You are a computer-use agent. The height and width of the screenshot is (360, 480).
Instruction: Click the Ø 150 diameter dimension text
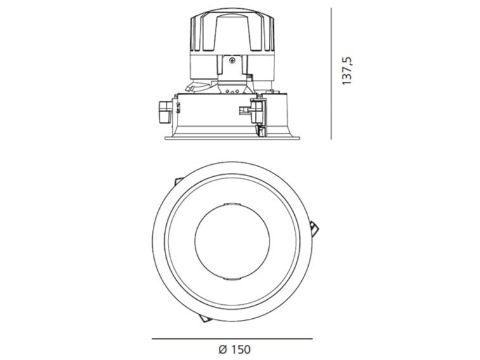pyautogui.click(x=232, y=348)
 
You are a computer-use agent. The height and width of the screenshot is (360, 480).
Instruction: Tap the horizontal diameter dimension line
pyautogui.click(x=232, y=339)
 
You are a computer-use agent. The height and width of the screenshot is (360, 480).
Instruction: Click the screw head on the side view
pyautogui.click(x=232, y=61)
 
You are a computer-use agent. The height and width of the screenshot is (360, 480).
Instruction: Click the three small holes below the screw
pyautogui.click(x=232, y=91)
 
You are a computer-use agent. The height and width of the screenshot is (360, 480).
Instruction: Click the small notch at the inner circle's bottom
pyautogui.click(x=232, y=279)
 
